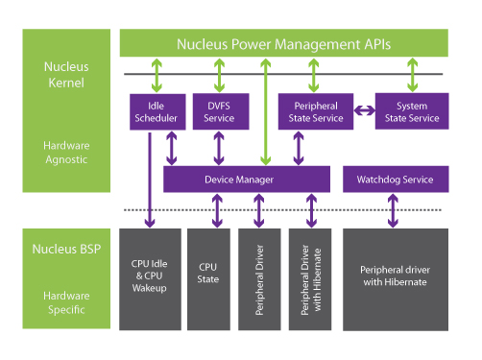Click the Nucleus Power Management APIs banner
pos(296,44)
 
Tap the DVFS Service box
pos(219,111)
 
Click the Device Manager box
pos(240,179)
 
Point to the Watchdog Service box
pos(395,179)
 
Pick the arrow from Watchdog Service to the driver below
pos(392,210)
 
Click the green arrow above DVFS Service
pos(220,75)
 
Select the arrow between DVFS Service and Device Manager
pos(220,147)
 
